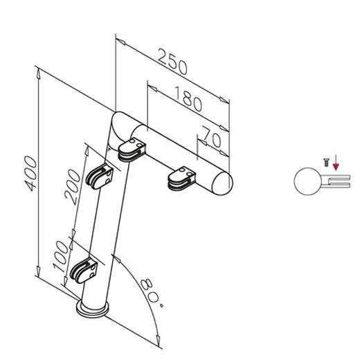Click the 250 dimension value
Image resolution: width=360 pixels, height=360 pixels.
point(173,64)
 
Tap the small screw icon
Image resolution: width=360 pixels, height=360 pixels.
point(323,162)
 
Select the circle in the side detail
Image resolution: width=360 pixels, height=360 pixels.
point(307,183)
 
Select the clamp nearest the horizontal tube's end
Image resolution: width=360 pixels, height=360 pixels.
point(181,179)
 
